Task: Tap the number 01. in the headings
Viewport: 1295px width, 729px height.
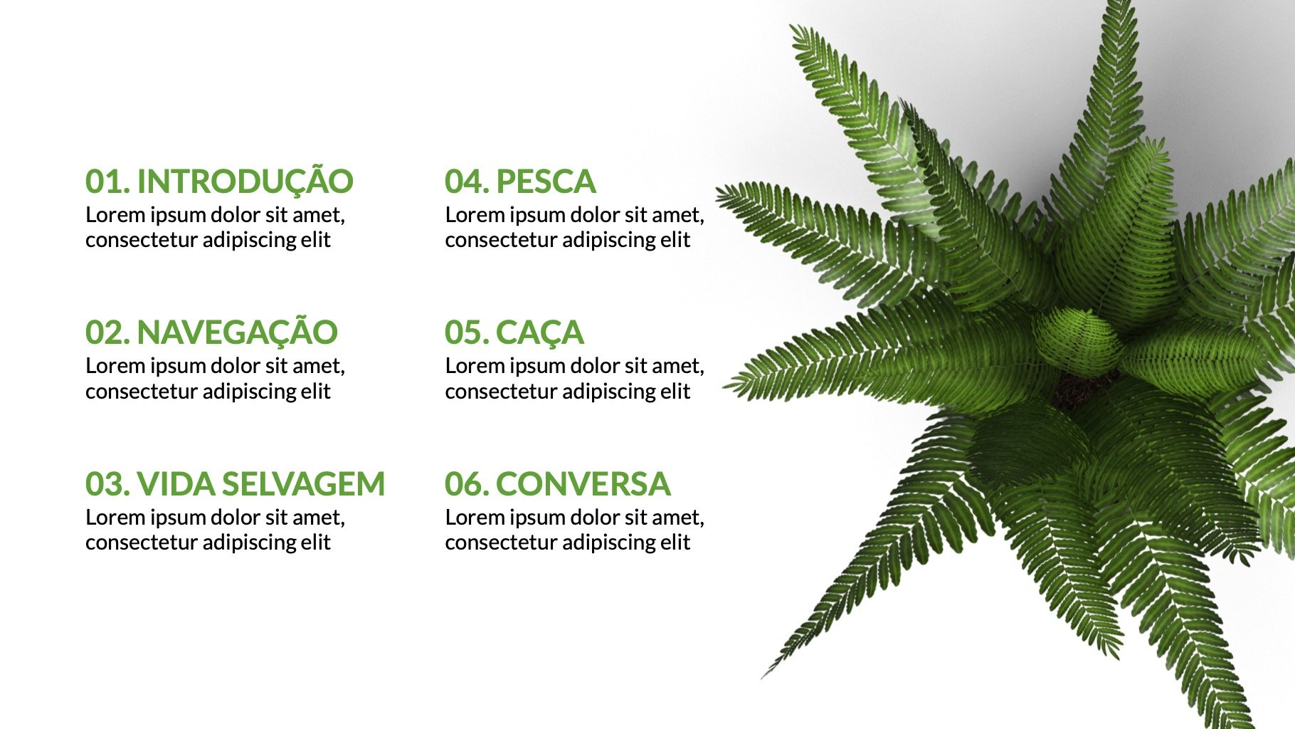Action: click(107, 182)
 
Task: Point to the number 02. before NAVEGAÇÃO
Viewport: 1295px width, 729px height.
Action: click(107, 332)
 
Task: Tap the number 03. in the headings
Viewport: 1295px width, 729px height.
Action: click(107, 484)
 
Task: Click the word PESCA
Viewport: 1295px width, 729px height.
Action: click(546, 182)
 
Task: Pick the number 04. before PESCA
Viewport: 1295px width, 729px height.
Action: click(467, 182)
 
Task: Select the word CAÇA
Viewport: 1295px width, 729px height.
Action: click(539, 333)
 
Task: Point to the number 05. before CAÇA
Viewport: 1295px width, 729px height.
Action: click(467, 332)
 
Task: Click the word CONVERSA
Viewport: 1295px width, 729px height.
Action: click(583, 484)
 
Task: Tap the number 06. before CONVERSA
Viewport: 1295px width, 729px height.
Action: click(467, 484)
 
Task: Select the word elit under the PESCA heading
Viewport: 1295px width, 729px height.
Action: click(675, 240)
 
